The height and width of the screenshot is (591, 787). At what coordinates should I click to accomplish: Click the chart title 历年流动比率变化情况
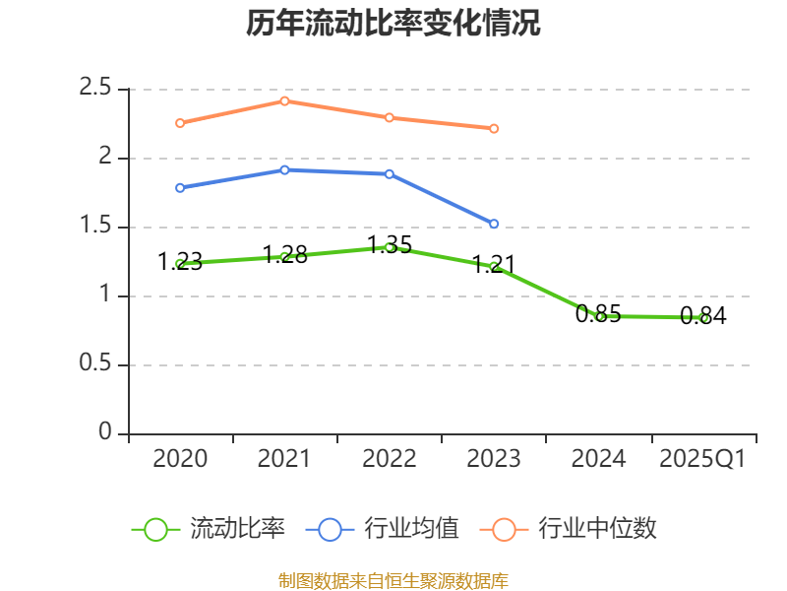coord(393,23)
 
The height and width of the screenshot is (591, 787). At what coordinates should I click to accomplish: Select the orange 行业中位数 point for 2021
coord(284,100)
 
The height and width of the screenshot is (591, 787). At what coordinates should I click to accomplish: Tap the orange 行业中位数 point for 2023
coord(494,128)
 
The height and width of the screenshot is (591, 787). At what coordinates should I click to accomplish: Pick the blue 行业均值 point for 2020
coord(180,187)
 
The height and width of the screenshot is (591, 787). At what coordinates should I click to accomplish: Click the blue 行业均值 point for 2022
coord(390,173)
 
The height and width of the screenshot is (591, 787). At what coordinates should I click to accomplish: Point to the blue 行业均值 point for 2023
coord(494,224)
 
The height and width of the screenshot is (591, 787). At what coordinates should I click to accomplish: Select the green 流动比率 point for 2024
coord(599,316)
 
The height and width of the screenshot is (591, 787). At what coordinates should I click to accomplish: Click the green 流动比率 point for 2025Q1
coord(703,317)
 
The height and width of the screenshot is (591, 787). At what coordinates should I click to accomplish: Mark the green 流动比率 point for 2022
coord(390,247)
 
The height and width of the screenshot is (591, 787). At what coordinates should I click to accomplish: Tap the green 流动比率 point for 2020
coord(180,263)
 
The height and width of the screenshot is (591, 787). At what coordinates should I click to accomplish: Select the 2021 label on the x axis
coord(284,459)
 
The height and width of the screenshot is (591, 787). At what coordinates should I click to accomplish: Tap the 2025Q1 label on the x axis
coord(702,459)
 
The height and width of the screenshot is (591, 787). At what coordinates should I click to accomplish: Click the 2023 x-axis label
coord(494,459)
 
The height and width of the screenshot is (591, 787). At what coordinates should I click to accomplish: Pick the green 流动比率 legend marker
coord(155,529)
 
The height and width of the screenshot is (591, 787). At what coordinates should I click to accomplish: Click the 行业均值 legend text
coord(411,529)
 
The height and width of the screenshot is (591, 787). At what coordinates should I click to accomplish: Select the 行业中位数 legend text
coord(597,529)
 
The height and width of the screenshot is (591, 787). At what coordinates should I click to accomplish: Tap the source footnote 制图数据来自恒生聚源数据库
coord(393,580)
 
